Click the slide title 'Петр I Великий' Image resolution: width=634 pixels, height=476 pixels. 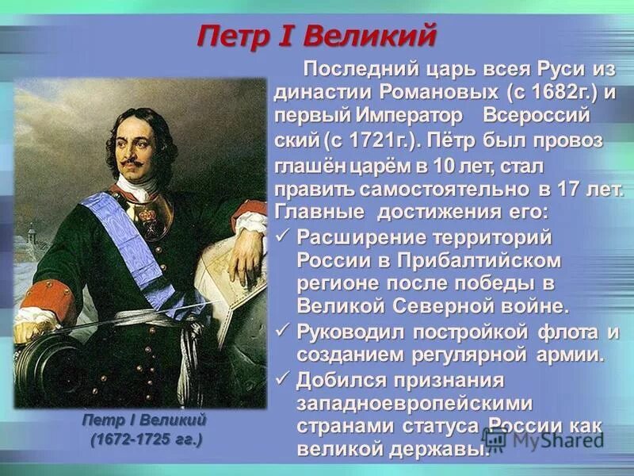pos(316,36)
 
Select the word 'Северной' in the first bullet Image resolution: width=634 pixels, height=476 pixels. pos(421,307)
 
